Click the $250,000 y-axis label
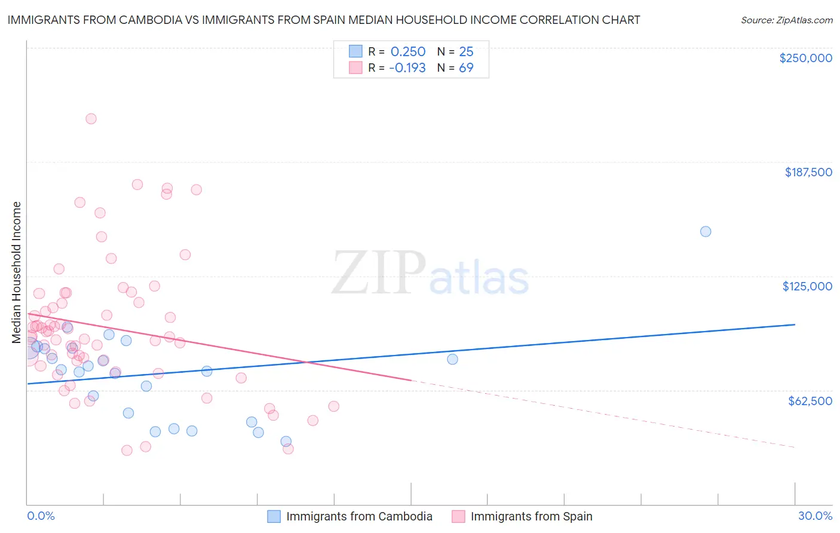tap(805, 58)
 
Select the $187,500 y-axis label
tap(808, 172)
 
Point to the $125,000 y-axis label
tap(807, 286)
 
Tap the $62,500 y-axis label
tap(810, 401)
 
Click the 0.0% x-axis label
tap(41, 516)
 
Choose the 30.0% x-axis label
tap(815, 516)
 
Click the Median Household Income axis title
tap(17, 272)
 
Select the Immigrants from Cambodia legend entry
tap(358, 516)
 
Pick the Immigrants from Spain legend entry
tap(531, 516)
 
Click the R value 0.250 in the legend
tap(407, 52)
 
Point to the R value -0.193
tap(407, 68)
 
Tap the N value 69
tap(466, 68)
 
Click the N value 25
tap(466, 52)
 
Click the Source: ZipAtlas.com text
tap(786, 20)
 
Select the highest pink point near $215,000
tap(91, 119)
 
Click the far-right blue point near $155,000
tap(706, 232)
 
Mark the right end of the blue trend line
tap(795, 324)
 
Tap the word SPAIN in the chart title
tap(357, 20)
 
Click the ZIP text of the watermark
tap(379, 273)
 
